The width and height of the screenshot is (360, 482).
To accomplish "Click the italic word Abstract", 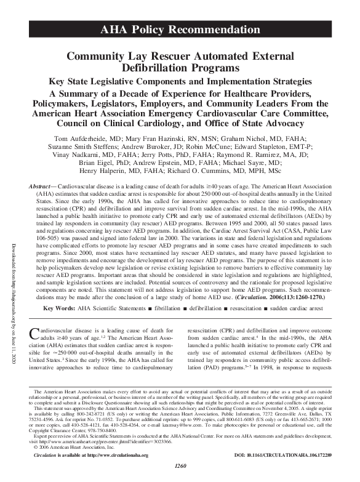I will pos(42,185).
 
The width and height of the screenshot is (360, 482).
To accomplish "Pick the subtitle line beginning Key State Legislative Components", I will pos(180,81).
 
